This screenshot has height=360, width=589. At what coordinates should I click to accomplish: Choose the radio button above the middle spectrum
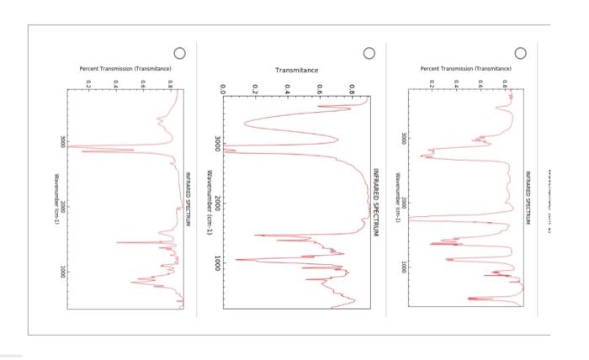[x=369, y=53]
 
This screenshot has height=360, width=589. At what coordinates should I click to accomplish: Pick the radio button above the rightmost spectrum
[x=521, y=53]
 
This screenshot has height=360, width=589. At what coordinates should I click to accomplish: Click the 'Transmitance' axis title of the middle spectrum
[x=296, y=70]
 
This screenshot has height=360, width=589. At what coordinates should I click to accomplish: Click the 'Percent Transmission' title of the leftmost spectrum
[x=125, y=68]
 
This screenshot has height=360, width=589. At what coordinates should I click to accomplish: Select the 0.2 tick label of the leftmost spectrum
[x=88, y=83]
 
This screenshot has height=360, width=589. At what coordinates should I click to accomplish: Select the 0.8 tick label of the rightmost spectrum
[x=504, y=83]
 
